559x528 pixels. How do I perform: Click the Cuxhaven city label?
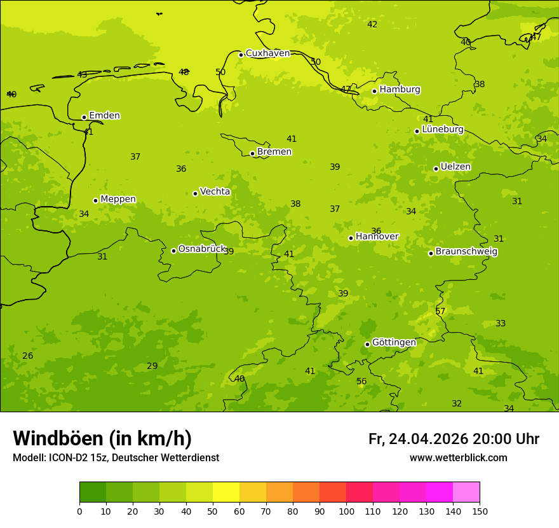click(x=267, y=53)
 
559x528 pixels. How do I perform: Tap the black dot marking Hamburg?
click(x=375, y=91)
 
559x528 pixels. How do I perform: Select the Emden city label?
click(x=104, y=116)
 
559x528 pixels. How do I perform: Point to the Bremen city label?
click(x=274, y=152)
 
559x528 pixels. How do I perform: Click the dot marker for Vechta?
click(x=196, y=193)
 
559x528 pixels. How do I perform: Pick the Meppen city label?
click(x=118, y=199)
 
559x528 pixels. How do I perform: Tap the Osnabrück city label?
click(x=202, y=249)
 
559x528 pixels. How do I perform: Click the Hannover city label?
click(x=377, y=237)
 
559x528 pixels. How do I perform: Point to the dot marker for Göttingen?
click(x=368, y=344)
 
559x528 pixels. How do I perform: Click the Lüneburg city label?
click(x=443, y=130)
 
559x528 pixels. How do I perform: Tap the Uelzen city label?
click(x=455, y=167)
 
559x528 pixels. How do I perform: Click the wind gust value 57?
click(x=440, y=312)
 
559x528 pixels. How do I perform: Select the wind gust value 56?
click(x=361, y=382)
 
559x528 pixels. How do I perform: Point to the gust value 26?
click(x=27, y=356)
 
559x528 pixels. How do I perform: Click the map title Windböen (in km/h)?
click(x=102, y=438)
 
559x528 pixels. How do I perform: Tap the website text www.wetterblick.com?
click(x=458, y=458)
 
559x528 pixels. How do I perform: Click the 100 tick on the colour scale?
click(x=346, y=511)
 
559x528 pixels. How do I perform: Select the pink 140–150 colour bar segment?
click(x=466, y=492)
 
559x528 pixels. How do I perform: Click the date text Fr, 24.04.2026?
click(x=418, y=439)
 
